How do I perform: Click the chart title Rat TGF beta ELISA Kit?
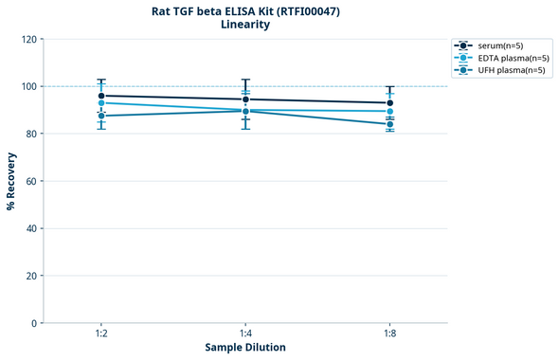pyautogui.click(x=245, y=11)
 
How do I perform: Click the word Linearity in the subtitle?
pyautogui.click(x=245, y=26)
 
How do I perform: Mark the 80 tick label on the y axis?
pyautogui.click(x=31, y=134)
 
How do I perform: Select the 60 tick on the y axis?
pyautogui.click(x=31, y=181)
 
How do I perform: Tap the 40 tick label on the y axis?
pyautogui.click(x=31, y=228)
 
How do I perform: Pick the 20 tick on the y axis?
pyautogui.click(x=31, y=276)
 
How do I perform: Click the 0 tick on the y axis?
pyautogui.click(x=34, y=323)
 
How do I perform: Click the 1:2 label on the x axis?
pyautogui.click(x=101, y=334)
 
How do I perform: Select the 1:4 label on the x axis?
pyautogui.click(x=245, y=334)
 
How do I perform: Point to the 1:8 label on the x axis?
pyautogui.click(x=389, y=334)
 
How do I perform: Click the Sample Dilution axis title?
pyautogui.click(x=245, y=348)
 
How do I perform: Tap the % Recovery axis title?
pyautogui.click(x=11, y=181)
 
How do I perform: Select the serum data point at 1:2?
pyautogui.click(x=101, y=96)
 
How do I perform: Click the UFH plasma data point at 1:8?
pyautogui.click(x=389, y=124)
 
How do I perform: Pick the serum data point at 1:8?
pyautogui.click(x=389, y=102)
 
